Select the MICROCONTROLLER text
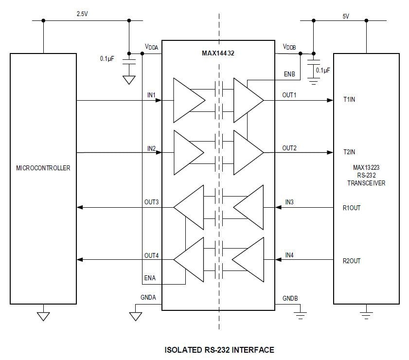coord(43,168)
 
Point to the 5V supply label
coord(346,16)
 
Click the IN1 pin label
coord(151,95)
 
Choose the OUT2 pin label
coord(289,148)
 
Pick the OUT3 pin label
coord(151,202)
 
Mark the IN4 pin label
coord(289,254)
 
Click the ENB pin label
coord(289,74)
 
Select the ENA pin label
coord(150,278)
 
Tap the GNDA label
coord(148,298)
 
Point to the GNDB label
coord(290,298)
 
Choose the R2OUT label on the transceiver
coord(352,261)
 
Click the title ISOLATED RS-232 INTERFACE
coord(219,349)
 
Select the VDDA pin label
coord(151,47)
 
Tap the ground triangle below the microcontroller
coord(43,316)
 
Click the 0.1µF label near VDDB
coord(322,70)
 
